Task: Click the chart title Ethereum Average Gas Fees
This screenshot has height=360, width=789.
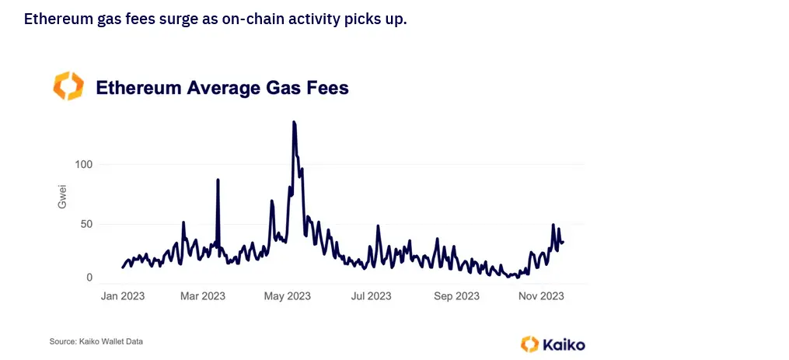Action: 222,88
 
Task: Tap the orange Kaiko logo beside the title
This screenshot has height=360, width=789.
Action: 68,86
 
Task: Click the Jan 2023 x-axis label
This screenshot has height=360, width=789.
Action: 123,296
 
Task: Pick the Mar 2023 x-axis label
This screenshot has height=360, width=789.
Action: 202,296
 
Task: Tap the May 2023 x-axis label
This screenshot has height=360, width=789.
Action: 288,296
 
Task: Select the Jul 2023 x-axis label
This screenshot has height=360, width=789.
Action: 372,296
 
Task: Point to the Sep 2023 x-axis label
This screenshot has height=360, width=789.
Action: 456,296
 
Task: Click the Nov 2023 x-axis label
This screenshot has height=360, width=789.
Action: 541,296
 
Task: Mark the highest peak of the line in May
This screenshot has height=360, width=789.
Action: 294,122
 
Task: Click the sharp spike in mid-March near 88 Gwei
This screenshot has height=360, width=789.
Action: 218,180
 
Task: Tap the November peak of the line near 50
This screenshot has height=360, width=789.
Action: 553,225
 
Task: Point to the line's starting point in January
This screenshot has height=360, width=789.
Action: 123,267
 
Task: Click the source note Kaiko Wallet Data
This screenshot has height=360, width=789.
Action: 96,341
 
